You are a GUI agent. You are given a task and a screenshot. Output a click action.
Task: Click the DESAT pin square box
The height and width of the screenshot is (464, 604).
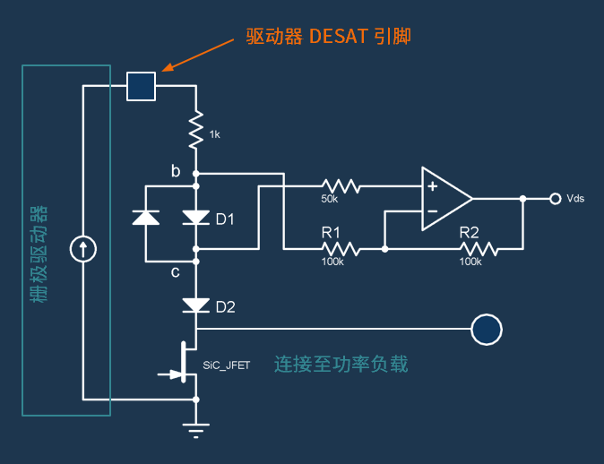pos(142,86)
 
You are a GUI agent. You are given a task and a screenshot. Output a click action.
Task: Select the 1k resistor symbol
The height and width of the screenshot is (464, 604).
pos(195,131)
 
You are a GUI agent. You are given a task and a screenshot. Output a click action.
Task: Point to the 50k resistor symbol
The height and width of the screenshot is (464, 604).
pos(341,186)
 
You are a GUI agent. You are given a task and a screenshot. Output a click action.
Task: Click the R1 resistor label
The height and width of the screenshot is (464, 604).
pos(332,232)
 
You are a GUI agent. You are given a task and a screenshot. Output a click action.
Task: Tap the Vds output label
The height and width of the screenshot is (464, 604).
pos(575,198)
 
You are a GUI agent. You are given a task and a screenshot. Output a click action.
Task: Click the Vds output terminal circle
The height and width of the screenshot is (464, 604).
pos(556,198)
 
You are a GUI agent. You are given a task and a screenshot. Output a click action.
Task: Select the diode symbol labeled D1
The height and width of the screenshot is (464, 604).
pos(195,217)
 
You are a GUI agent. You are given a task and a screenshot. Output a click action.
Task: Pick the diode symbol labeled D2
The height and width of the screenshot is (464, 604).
pos(195,305)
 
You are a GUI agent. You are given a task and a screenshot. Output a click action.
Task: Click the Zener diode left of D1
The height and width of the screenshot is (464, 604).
pos(146,217)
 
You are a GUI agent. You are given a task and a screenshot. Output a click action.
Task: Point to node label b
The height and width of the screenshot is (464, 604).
pos(176,169)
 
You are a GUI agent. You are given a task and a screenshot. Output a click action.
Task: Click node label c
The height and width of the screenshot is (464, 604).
pos(176,271)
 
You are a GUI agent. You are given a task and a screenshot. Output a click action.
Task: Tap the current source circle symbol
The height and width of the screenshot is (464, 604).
pos(83,249)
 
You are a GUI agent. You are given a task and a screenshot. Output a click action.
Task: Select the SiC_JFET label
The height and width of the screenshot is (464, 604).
pos(227,366)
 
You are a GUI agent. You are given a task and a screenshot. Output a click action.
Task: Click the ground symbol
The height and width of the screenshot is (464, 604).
pos(195,431)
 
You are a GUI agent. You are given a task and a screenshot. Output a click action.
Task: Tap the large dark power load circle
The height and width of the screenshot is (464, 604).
pos(487,330)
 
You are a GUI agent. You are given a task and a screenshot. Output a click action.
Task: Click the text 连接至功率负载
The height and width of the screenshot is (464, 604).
pos(341,365)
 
